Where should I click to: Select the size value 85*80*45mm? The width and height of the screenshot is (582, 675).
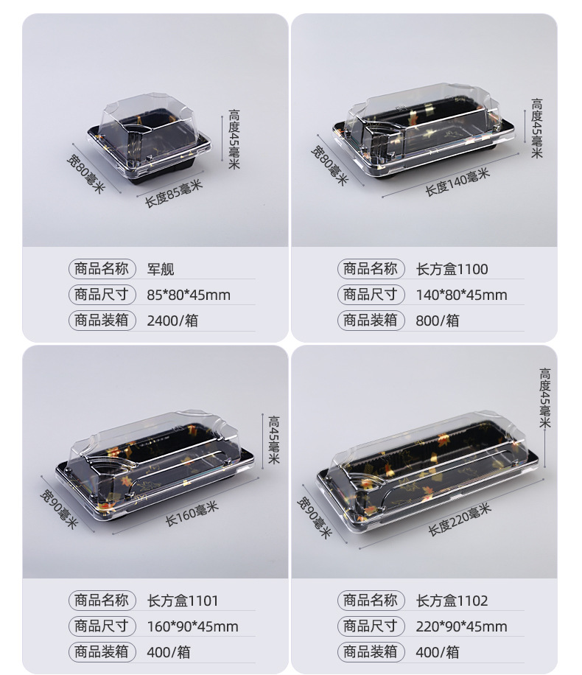(189, 295)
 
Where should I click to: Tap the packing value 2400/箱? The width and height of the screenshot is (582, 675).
(172, 321)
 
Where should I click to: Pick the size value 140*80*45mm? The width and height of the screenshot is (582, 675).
(462, 295)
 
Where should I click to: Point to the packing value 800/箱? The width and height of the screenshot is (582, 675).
(438, 321)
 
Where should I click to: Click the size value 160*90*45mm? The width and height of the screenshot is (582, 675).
(192, 627)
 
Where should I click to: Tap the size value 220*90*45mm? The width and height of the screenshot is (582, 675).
(462, 627)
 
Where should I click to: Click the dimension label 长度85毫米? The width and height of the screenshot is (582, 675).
(173, 193)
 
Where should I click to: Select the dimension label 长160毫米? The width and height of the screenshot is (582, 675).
(192, 514)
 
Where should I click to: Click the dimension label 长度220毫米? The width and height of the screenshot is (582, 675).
(460, 519)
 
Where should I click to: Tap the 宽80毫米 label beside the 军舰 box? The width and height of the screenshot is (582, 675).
(86, 173)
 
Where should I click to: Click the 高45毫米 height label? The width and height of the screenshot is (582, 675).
(273, 439)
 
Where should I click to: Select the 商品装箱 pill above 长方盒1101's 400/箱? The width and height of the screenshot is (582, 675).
(102, 651)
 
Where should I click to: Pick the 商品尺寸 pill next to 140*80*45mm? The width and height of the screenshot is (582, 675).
(371, 295)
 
